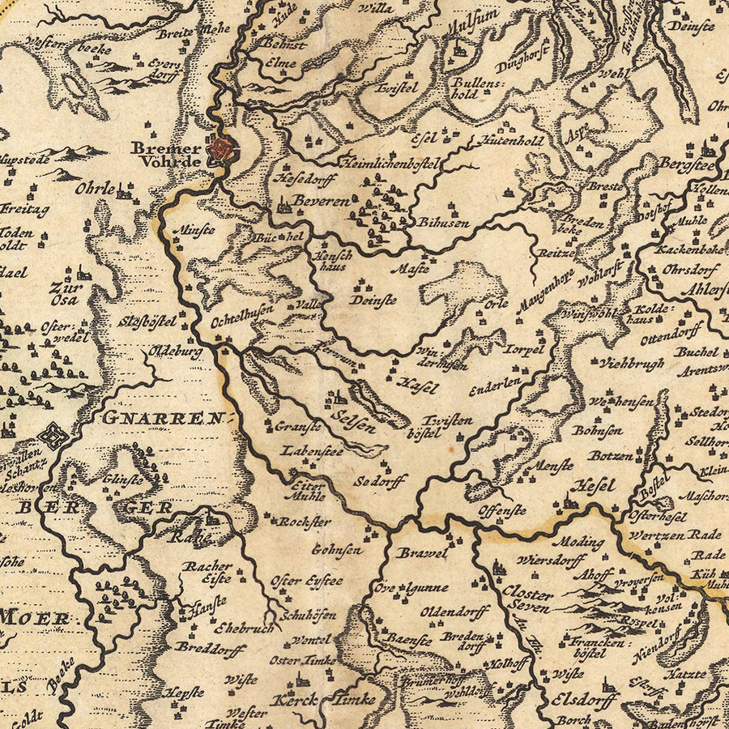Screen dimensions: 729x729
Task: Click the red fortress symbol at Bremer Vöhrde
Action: click(221, 149)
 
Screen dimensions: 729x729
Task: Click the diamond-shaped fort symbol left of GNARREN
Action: click(53, 435)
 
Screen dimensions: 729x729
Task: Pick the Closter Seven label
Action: click(527, 599)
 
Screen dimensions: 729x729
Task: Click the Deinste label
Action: click(373, 299)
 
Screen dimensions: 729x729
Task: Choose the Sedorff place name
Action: click(379, 480)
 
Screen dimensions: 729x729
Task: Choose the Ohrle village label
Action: click(95, 188)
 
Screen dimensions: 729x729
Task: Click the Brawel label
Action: click(422, 554)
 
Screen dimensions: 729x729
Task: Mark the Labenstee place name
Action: click(312, 451)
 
